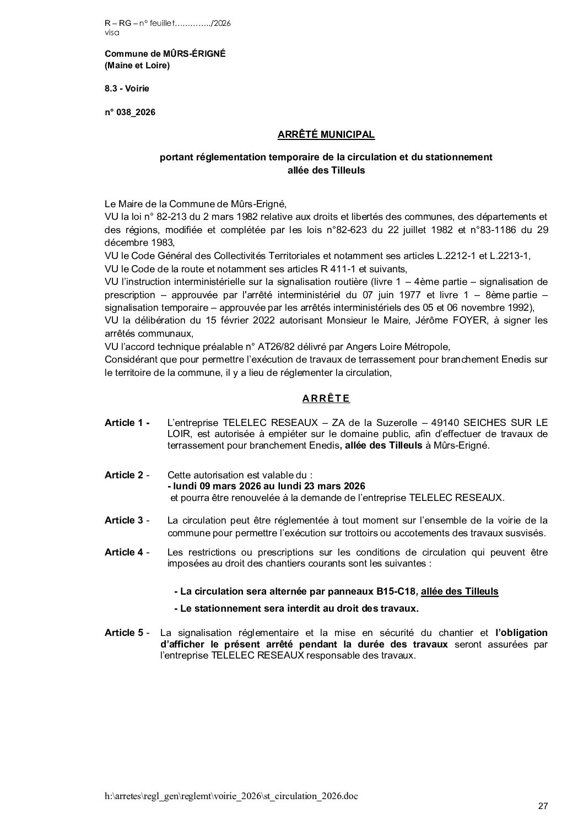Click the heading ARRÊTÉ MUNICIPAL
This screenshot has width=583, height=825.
[x=326, y=134]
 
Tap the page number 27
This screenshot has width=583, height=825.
[x=543, y=806]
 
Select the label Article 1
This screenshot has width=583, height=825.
[x=126, y=423]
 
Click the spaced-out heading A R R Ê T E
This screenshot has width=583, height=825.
[x=326, y=398]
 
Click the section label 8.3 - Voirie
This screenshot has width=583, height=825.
[x=127, y=88]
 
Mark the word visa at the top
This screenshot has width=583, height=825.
[x=111, y=33]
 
